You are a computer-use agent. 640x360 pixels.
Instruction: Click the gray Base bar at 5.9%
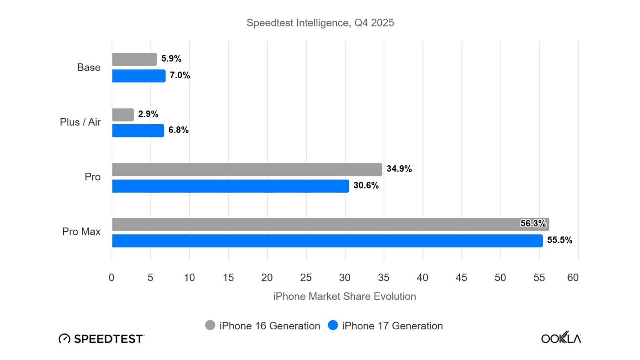[x=134, y=59]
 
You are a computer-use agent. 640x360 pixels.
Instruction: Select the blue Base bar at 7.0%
[x=139, y=76]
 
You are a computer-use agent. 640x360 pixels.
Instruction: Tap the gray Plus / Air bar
[x=123, y=115]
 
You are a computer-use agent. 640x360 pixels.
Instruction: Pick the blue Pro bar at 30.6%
[x=230, y=186]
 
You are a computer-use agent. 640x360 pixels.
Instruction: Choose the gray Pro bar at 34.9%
[x=247, y=169]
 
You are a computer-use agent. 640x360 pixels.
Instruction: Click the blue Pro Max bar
[x=327, y=241]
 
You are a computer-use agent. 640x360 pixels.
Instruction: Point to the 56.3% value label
[x=533, y=223]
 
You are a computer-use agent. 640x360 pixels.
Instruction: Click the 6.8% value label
[x=178, y=130]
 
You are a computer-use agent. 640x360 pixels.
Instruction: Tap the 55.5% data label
[x=560, y=240]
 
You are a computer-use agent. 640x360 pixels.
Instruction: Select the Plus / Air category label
[x=80, y=122]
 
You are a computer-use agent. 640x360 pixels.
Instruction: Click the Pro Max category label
[x=81, y=231]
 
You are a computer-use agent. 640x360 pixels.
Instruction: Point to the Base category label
[x=89, y=67]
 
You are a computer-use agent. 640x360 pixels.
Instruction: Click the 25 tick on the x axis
[x=306, y=277]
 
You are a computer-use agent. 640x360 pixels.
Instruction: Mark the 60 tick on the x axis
[x=573, y=277]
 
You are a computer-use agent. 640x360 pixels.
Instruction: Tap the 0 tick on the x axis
[x=111, y=277]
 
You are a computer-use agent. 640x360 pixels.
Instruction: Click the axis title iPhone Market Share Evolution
[x=344, y=296]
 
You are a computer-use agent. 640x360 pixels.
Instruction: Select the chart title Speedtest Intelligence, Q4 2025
[x=320, y=23]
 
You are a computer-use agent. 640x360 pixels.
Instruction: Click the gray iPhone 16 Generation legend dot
[x=210, y=325]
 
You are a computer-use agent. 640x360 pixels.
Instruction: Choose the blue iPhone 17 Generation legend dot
[x=333, y=325]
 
